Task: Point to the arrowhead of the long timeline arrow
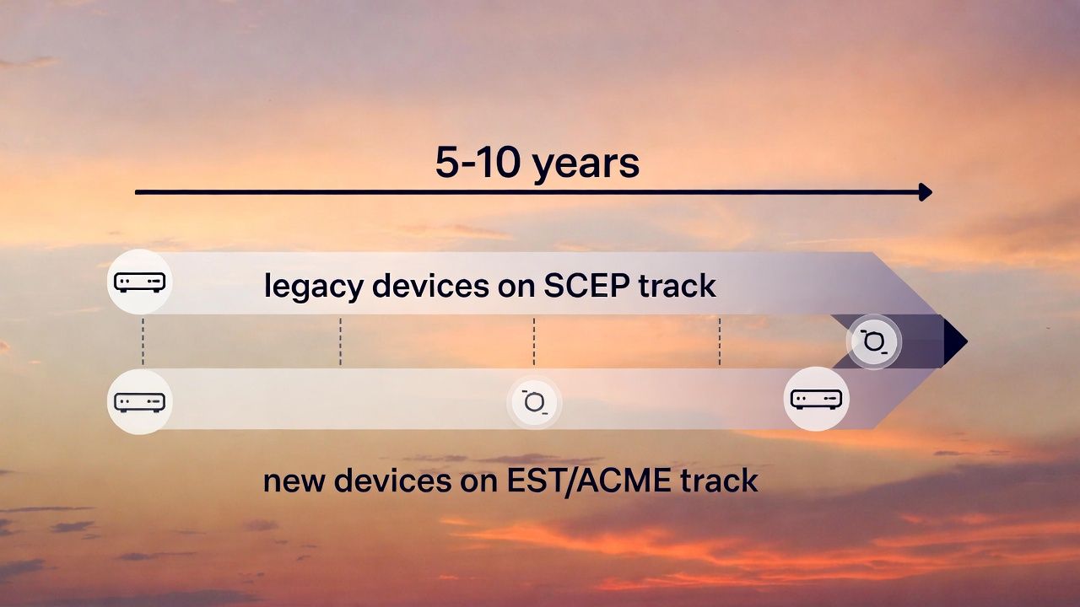tap(926, 192)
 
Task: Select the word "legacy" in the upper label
tap(313, 287)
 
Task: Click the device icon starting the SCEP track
tap(140, 282)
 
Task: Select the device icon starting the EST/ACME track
tap(140, 401)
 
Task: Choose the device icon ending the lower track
tap(816, 399)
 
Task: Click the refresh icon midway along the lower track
tap(534, 403)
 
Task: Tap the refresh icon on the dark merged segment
tap(874, 341)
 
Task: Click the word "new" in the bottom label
tap(294, 481)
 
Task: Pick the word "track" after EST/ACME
tap(718, 481)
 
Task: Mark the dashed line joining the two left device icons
tap(143, 341)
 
